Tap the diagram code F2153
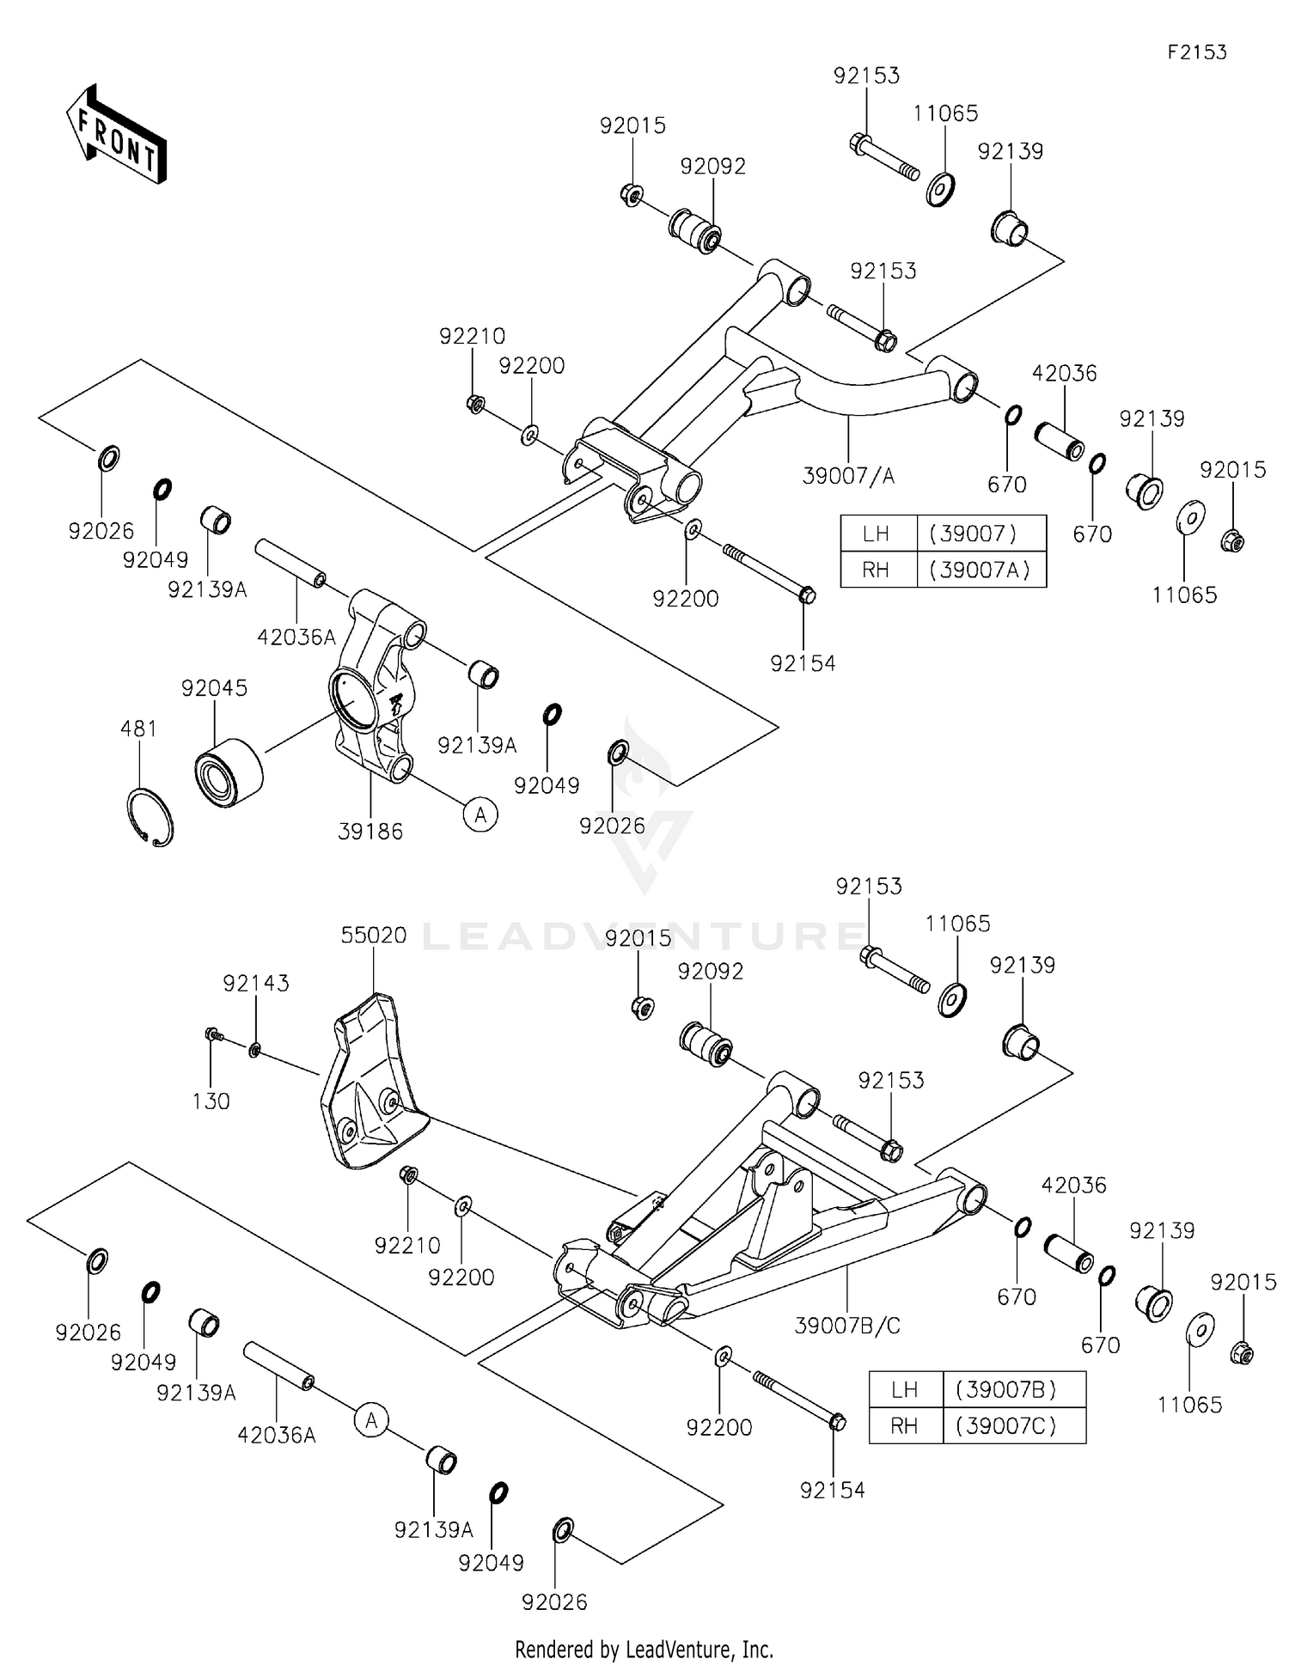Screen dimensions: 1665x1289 point(1196,52)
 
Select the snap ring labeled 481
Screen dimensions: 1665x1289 point(150,816)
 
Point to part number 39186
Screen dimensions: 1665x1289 point(370,831)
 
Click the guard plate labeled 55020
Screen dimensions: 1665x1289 point(370,1083)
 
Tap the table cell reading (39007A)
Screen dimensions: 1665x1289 point(980,570)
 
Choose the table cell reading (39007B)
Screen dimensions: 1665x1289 point(1013,1389)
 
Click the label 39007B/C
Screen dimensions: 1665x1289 point(846,1326)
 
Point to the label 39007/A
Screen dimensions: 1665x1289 point(847,475)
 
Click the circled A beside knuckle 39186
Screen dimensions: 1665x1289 point(480,814)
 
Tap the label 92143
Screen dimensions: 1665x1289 point(256,983)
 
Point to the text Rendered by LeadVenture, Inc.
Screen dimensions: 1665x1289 point(644,1650)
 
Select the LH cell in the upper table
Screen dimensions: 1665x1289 point(877,534)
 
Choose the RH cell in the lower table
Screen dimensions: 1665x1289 point(905,1426)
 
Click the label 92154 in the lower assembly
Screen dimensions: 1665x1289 point(832,1490)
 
